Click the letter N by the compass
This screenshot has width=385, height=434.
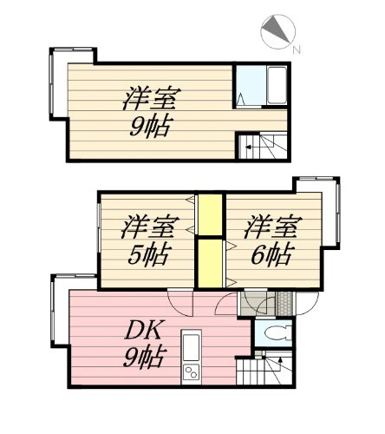coord(297,50)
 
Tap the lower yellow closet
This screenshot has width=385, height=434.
coord(207,263)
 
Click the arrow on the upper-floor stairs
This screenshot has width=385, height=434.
coord(252,150)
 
